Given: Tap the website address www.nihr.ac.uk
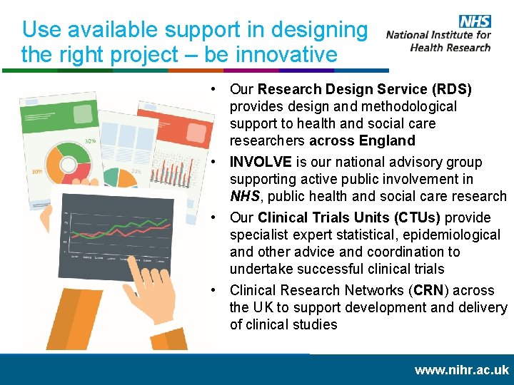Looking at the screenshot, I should pos(462,369).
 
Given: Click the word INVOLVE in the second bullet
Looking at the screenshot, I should pos(261,162).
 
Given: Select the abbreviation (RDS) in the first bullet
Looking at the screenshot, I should pos(452,89).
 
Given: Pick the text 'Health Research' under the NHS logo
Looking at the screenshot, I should pos(450,48).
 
